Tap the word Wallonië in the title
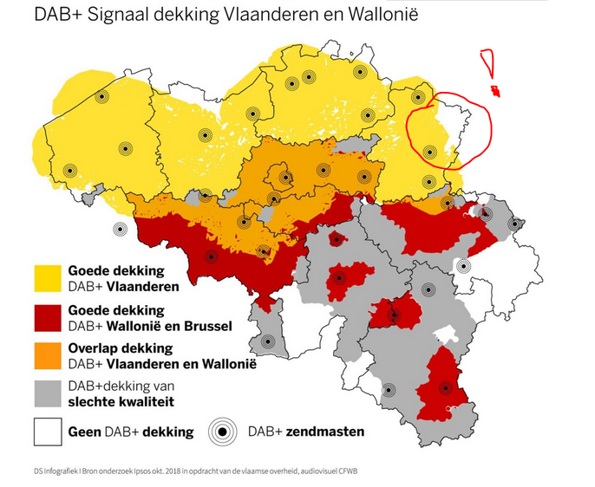pos(376,15)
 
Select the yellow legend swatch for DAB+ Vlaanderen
pos(48,278)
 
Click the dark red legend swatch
pos(48,316)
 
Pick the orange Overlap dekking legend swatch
pos(48,354)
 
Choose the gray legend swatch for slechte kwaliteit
pos(48,393)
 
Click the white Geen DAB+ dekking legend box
pos(48,431)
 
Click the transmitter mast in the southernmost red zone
pos(446,388)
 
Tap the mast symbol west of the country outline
pos(120,230)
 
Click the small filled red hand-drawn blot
pos(495,91)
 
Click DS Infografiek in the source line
pos(51,471)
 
